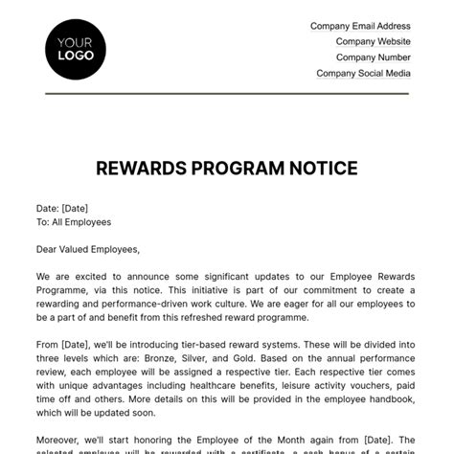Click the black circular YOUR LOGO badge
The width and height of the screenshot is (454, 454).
tap(76, 48)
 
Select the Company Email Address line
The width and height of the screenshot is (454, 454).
tap(360, 27)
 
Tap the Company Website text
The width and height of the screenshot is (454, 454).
tap(373, 42)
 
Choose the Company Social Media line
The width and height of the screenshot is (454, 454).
tap(363, 73)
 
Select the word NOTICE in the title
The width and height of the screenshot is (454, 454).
tap(322, 170)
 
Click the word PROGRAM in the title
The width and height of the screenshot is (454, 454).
tap(233, 170)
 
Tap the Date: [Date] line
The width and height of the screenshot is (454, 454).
tap(64, 207)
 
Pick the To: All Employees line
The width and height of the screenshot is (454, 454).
tap(74, 222)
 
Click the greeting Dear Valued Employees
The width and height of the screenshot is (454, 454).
tap(88, 249)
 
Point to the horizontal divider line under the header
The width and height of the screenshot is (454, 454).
tap(226, 94)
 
